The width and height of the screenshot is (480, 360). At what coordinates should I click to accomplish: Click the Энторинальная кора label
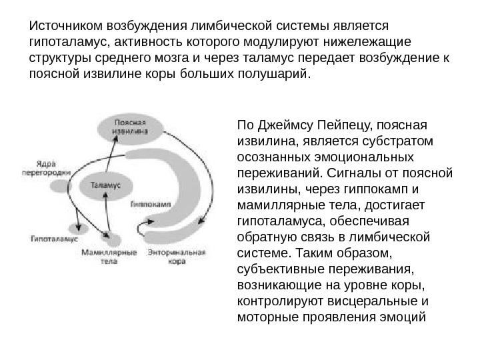point(177,257)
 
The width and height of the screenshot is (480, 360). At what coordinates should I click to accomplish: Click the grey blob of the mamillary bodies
point(113,238)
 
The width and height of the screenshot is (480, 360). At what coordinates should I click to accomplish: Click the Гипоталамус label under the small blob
point(54,238)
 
